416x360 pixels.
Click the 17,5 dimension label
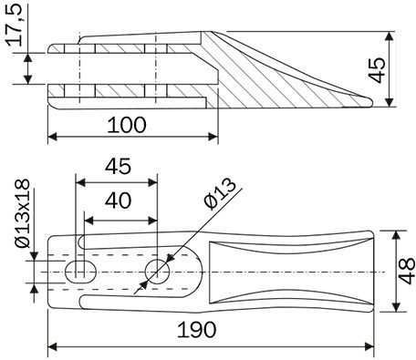point(15,25)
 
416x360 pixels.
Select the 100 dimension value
point(127,125)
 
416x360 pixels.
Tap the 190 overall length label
point(196,330)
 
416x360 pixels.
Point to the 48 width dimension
point(406,271)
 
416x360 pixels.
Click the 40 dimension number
point(118,201)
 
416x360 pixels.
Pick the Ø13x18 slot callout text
point(23,213)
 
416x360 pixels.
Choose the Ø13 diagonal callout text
point(220,193)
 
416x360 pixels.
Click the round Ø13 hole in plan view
point(157,272)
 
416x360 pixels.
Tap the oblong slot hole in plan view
point(80,272)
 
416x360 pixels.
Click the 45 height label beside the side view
point(377,70)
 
